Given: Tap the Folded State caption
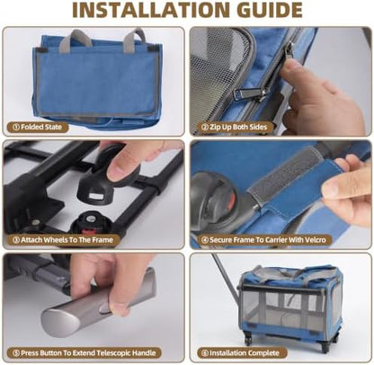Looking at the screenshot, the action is pyautogui.click(x=38, y=127).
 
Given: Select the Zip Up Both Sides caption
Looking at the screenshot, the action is pyautogui.click(x=234, y=127).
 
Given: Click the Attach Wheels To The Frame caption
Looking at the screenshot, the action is pyautogui.click(x=64, y=240).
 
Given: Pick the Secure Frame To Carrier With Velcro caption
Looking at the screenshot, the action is pyautogui.click(x=265, y=240).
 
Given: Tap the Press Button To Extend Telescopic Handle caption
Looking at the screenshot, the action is pyautogui.click(x=85, y=352).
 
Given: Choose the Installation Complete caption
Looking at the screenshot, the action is pyautogui.click(x=242, y=352).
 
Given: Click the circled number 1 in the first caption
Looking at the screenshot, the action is pyautogui.click(x=16, y=127).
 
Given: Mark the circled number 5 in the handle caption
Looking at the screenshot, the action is pyautogui.click(x=16, y=352).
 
